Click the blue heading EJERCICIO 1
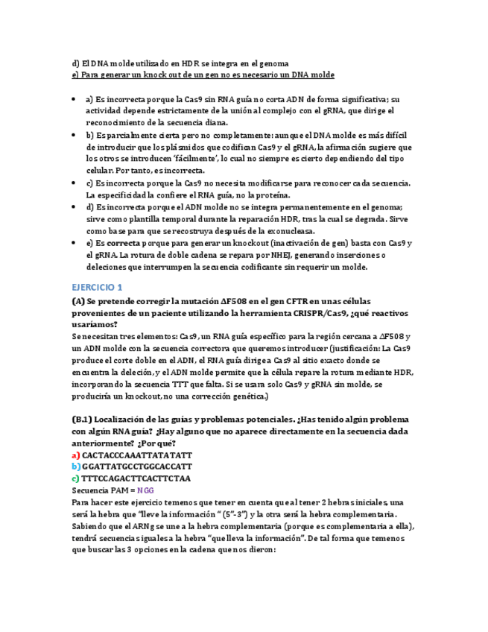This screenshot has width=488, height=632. [98, 287]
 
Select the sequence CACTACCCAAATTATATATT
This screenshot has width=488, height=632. [137, 455]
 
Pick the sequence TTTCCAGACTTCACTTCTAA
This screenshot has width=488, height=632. [136, 478]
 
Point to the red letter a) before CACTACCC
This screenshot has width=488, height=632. [76, 455]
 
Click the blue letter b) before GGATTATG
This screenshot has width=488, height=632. [76, 467]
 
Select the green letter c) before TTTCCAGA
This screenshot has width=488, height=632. [75, 478]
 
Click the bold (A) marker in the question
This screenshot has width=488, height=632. [79, 301]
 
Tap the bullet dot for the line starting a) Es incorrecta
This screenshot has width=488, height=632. [73, 98]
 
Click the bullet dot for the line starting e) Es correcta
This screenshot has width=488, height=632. [73, 243]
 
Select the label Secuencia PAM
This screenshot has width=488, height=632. [102, 490]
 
